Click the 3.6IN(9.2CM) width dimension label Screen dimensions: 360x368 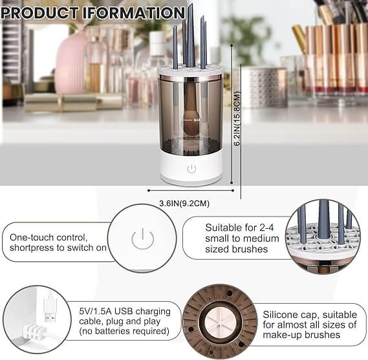[184, 204]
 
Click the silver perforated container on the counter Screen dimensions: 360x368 [263, 87]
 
